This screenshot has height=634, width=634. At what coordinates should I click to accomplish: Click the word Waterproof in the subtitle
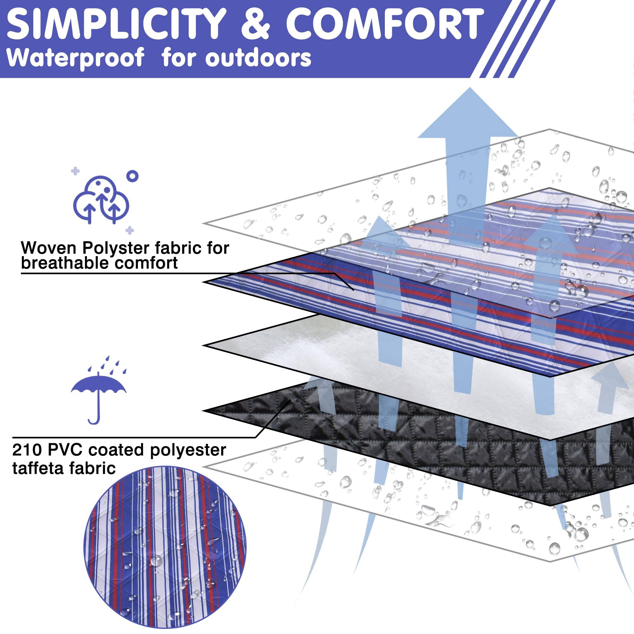[75, 58]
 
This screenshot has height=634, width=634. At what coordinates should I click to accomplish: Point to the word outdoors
[258, 58]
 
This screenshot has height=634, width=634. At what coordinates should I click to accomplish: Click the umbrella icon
[99, 390]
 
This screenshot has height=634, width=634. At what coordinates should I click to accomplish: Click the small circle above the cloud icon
[132, 176]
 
